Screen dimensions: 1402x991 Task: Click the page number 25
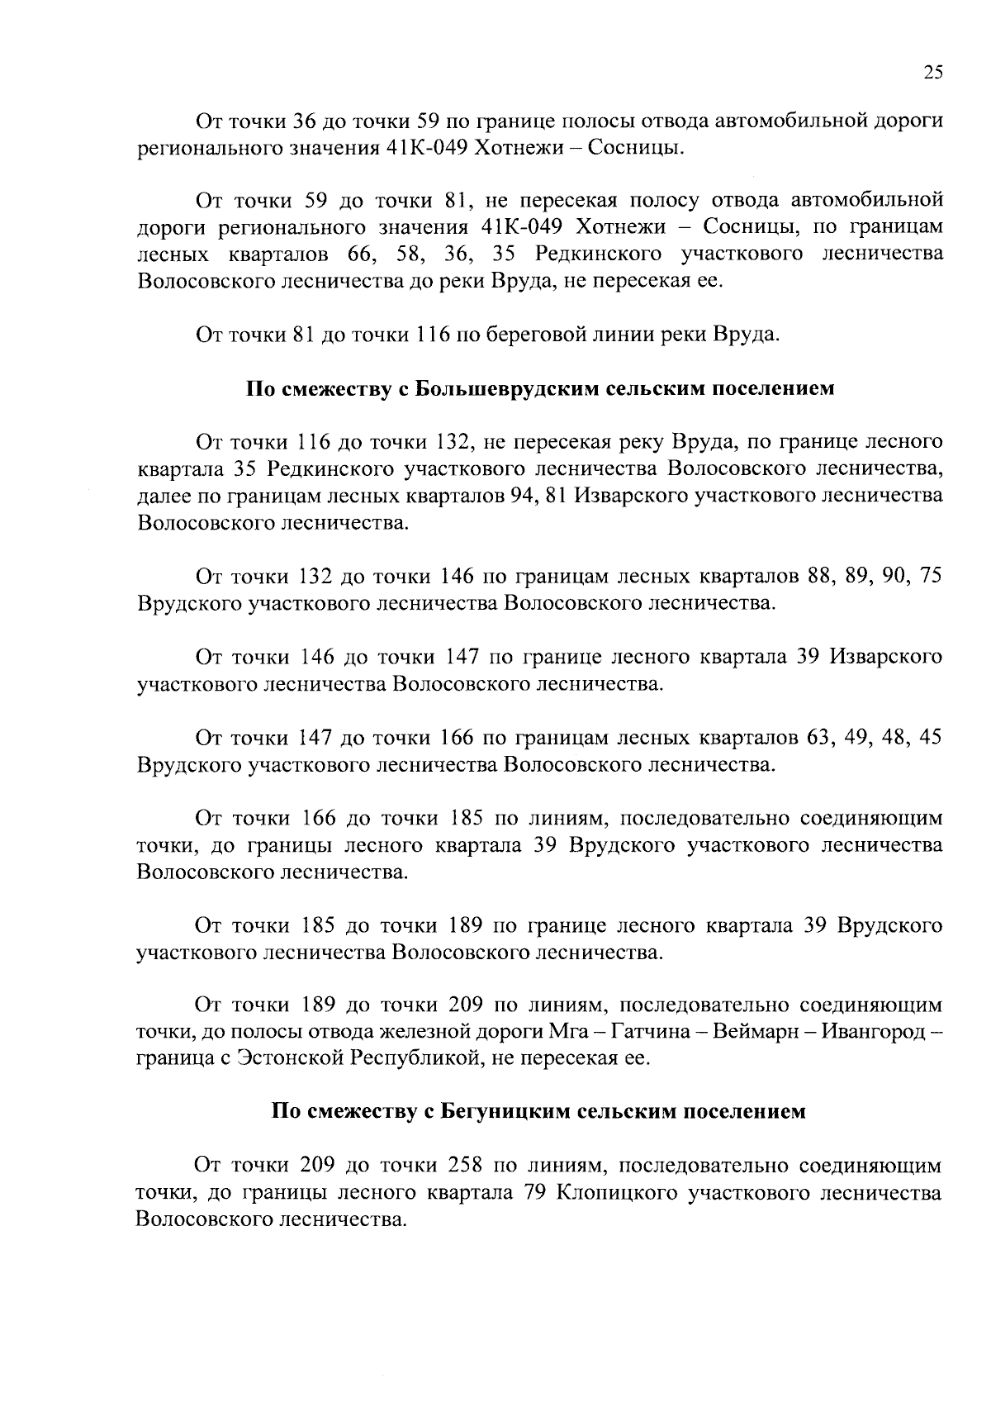pos(932,72)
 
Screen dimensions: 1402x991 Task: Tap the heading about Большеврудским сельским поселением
pos(540,388)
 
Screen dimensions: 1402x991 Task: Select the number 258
pos(464,1165)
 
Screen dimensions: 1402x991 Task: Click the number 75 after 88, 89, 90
pos(931,576)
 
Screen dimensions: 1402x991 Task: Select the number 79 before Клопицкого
pos(537,1192)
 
